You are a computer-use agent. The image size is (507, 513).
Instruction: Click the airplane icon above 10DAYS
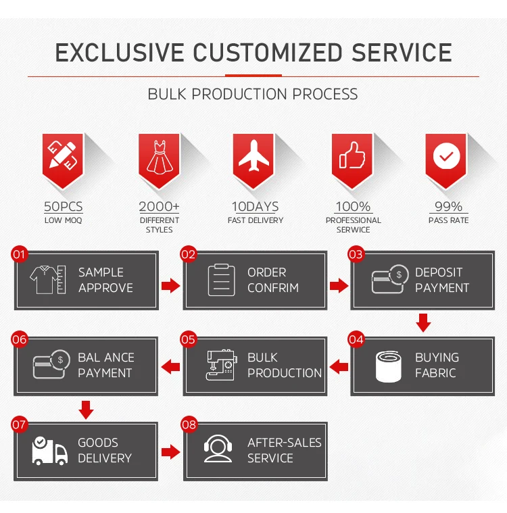tap(254, 157)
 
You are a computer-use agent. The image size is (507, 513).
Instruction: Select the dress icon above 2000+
tap(160, 157)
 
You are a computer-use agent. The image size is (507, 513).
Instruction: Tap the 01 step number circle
tap(19, 255)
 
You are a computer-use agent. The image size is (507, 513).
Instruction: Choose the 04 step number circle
tap(356, 339)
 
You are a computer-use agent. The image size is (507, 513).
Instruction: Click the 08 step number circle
tap(189, 424)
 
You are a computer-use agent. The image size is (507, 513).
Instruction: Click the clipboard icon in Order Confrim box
tap(220, 280)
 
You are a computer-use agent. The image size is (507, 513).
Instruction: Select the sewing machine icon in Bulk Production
tap(221, 365)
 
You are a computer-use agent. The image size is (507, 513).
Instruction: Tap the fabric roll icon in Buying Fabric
tap(389, 365)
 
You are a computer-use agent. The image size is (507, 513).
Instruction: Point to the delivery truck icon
tap(49, 451)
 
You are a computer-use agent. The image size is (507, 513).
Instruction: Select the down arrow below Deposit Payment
tap(423, 322)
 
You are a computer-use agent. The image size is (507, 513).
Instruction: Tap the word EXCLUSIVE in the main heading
tap(119, 53)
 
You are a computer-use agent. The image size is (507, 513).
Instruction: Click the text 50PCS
tap(63, 206)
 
